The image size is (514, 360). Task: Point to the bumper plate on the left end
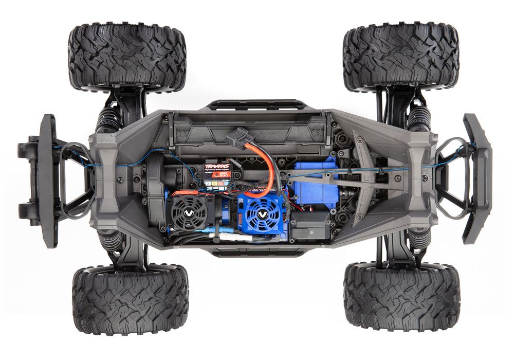pos(48,179)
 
